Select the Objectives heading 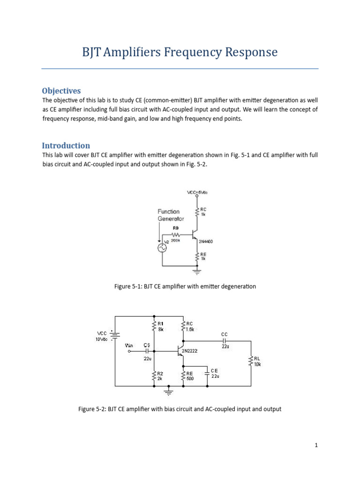click(61, 90)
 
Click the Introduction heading click(66, 145)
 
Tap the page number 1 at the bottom click(316, 445)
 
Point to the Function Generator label click(171, 215)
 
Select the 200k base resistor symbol click(176, 234)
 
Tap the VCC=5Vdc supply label click(197, 192)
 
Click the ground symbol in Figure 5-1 click(197, 270)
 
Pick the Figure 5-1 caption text click(185, 286)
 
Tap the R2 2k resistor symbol click(154, 375)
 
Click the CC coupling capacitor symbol click(225, 341)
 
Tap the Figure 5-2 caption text click(180, 409)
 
